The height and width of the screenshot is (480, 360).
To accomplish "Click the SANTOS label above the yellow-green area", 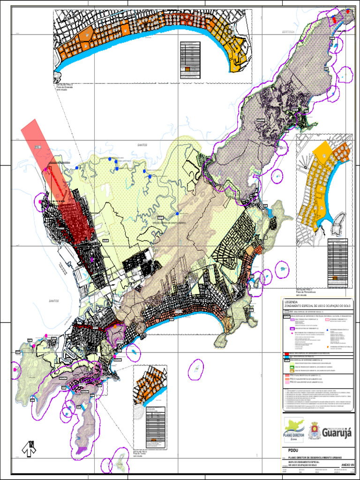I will coord(142,145).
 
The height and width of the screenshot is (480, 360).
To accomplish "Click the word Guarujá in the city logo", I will coord(335,433).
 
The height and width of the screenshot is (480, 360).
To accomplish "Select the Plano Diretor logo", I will coord(294,430).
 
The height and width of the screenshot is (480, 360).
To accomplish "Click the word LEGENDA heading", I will coord(292,302).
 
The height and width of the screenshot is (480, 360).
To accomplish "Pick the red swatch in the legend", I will coord(286,353).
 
